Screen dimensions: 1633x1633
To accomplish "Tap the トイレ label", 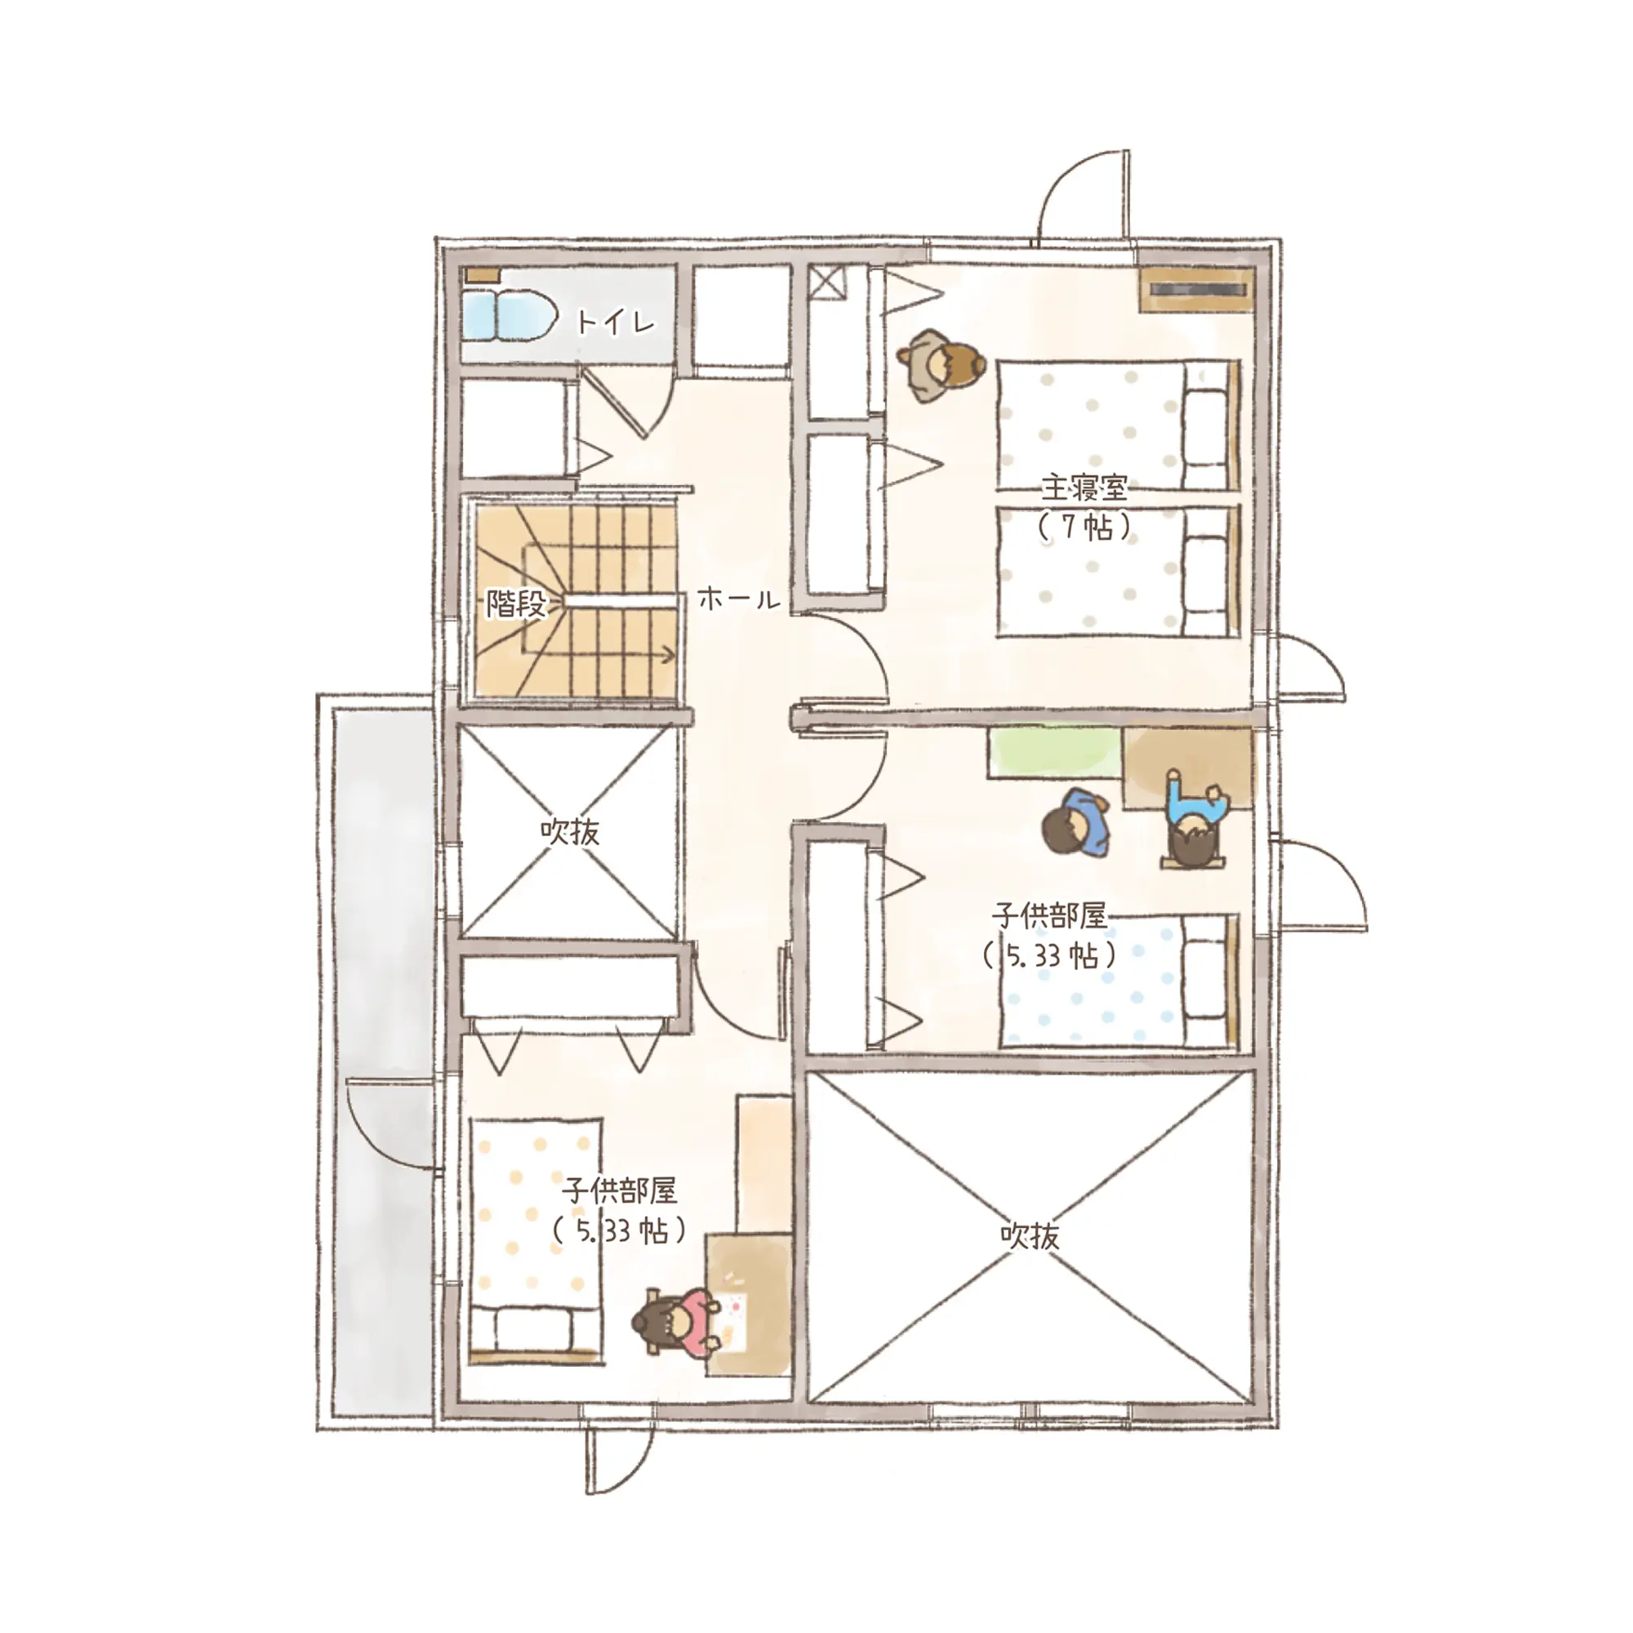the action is [615, 322].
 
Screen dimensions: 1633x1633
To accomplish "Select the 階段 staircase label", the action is [515, 603].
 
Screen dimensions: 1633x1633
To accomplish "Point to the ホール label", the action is [739, 599].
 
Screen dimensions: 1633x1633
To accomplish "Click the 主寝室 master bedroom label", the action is [1084, 487].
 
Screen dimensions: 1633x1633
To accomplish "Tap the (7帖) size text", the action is [1084, 527].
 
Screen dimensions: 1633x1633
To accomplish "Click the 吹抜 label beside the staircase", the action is [570, 832].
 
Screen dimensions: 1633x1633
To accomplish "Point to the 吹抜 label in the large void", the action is [1030, 1235].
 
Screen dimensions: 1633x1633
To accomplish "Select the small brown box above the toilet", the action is [483, 274].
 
